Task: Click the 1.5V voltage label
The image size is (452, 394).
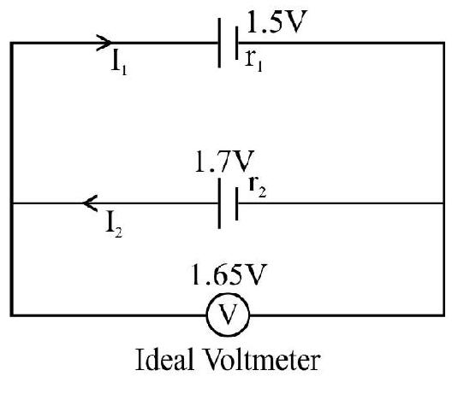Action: (277, 21)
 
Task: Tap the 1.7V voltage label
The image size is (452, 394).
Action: (224, 162)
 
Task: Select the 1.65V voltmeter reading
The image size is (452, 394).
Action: (228, 274)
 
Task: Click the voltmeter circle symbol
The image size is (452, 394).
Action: (228, 315)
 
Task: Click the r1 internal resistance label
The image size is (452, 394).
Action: (253, 61)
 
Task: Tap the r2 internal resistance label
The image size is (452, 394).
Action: (258, 186)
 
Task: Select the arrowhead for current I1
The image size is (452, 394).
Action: (104, 43)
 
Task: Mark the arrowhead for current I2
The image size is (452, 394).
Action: (90, 203)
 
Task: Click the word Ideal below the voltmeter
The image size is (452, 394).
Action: (164, 360)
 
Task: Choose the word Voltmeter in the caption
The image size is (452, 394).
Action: (262, 360)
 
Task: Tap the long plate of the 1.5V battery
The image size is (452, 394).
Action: (219, 43)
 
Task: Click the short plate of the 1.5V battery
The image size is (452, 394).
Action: (236, 43)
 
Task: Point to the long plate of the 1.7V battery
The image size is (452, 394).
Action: (219, 203)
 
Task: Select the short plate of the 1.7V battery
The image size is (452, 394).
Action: (236, 203)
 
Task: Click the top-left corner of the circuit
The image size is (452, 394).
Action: (11, 44)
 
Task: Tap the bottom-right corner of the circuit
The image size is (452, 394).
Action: (443, 315)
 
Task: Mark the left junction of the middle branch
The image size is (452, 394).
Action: (11, 203)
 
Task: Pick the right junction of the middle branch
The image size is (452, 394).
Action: (443, 203)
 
